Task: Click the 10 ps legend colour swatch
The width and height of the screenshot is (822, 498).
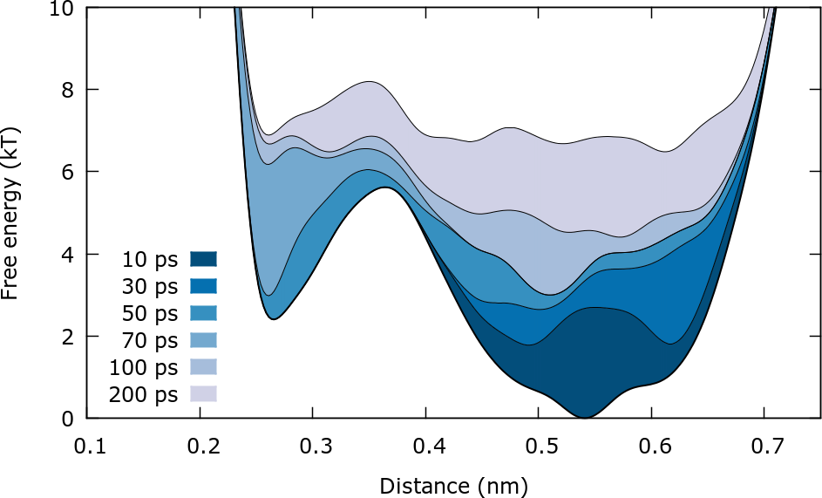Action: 202,259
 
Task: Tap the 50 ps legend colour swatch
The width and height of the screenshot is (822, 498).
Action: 202,313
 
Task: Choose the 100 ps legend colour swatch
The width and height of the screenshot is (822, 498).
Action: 202,367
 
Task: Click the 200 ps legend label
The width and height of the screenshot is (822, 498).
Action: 143,394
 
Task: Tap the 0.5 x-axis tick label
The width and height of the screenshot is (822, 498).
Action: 538,446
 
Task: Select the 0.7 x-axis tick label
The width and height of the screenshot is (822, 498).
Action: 763,446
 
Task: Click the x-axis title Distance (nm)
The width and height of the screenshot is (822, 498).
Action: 453,482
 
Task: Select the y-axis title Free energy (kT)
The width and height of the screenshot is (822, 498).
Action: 12,213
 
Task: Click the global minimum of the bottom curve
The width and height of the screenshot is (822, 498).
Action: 584,417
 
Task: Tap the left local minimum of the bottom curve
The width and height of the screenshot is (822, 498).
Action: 274,319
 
